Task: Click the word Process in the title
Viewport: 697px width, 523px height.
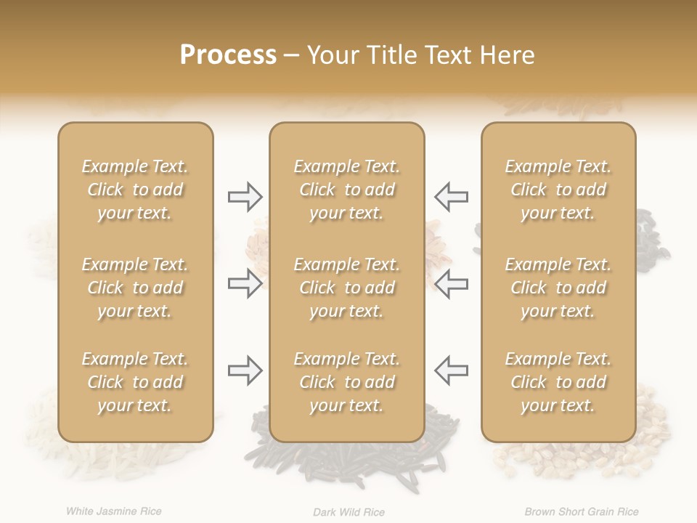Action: pyautogui.click(x=228, y=55)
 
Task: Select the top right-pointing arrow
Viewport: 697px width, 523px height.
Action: pyautogui.click(x=245, y=197)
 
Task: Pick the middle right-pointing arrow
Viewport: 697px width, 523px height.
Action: pyautogui.click(x=245, y=283)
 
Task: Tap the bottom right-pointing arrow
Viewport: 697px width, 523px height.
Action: pyautogui.click(x=245, y=370)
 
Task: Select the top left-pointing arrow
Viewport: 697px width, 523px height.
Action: pyautogui.click(x=451, y=197)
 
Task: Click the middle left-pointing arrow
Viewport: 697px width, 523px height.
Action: pyautogui.click(x=451, y=283)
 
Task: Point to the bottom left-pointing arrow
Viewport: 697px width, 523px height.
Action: pyautogui.click(x=451, y=370)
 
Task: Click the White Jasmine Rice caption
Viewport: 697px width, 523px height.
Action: pyautogui.click(x=113, y=511)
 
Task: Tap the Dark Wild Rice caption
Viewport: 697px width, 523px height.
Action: pyautogui.click(x=348, y=512)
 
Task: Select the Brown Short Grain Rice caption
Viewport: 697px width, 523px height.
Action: pyautogui.click(x=582, y=512)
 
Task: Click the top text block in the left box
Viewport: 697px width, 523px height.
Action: pyautogui.click(x=135, y=190)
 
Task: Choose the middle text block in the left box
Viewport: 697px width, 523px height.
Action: pyautogui.click(x=135, y=288)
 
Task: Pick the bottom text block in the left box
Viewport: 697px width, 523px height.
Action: pyautogui.click(x=135, y=382)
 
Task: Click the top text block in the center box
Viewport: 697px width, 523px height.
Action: pyautogui.click(x=346, y=190)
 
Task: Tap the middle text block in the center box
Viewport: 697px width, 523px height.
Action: pyautogui.click(x=346, y=288)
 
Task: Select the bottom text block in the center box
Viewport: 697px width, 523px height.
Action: pyautogui.click(x=346, y=382)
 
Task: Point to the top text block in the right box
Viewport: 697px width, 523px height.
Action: pyautogui.click(x=558, y=190)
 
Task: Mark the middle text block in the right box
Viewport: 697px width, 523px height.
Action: pyautogui.click(x=558, y=288)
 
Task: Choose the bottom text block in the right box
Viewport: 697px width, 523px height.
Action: pyautogui.click(x=558, y=382)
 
